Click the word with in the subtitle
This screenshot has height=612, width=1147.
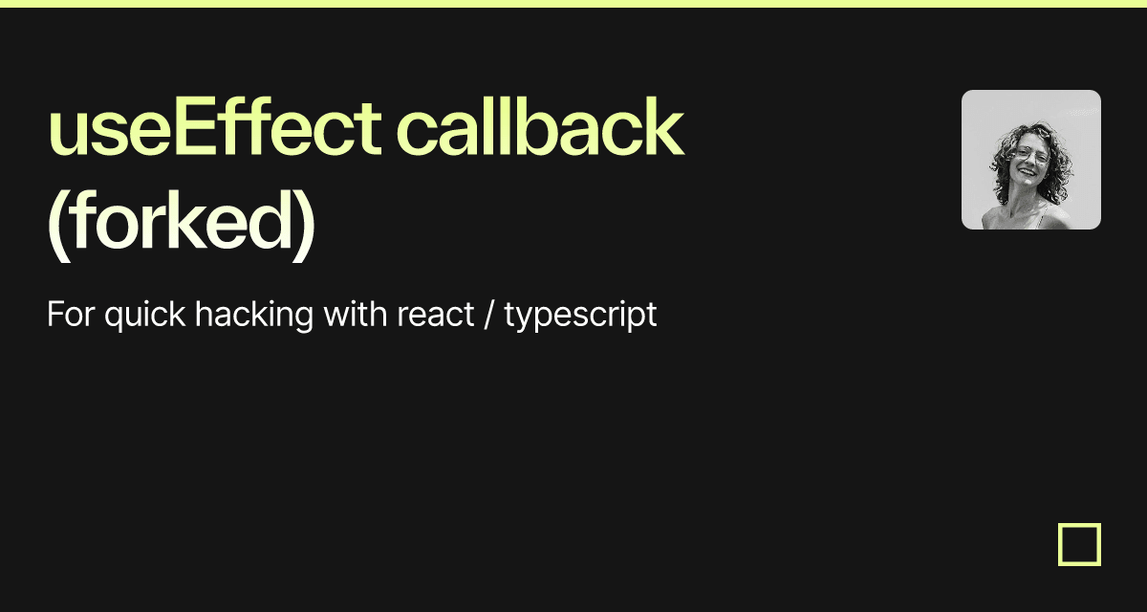pos(356,314)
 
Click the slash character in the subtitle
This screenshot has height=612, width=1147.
pos(489,314)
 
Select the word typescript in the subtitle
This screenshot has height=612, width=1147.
pos(581,317)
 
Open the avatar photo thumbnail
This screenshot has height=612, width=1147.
pos(1031,160)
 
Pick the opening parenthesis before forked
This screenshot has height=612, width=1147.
pos(58,226)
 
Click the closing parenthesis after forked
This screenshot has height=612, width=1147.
pos(304,226)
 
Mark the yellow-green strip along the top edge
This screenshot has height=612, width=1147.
pos(573,4)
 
